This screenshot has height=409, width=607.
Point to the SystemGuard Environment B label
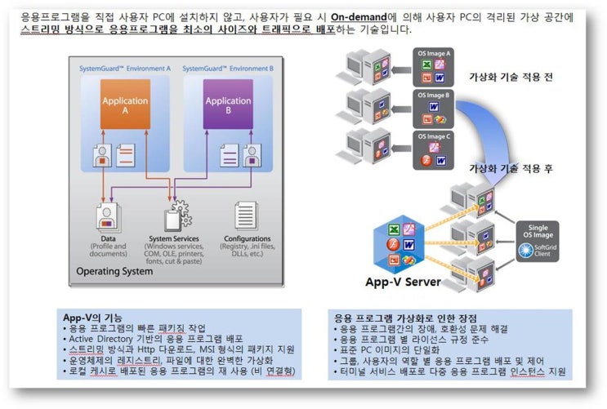[229, 69]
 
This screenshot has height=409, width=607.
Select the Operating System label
[114, 271]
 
